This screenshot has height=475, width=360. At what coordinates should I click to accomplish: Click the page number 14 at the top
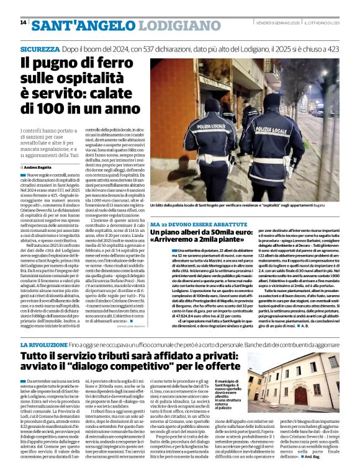[24, 22]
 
